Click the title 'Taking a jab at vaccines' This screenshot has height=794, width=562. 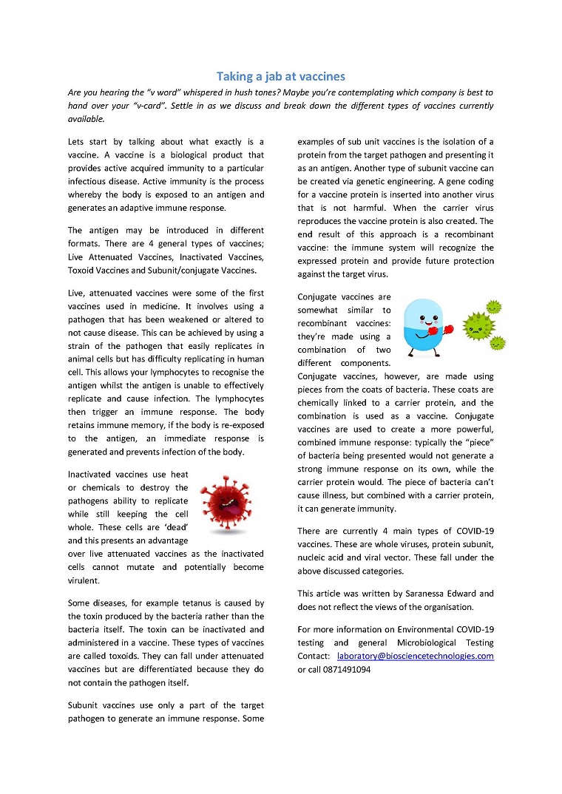[x=281, y=76]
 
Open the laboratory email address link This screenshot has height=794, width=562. [x=415, y=656]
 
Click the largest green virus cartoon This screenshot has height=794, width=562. [x=478, y=325]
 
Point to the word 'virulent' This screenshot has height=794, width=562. [x=84, y=580]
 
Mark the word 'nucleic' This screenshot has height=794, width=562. [x=313, y=558]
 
